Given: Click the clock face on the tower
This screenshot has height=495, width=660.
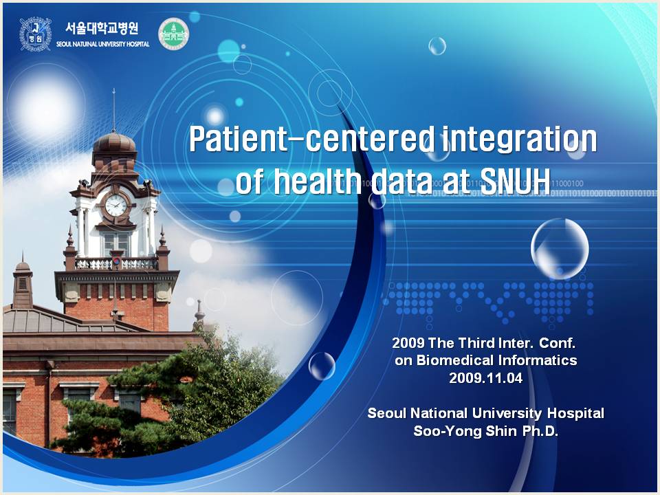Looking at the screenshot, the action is (115, 206).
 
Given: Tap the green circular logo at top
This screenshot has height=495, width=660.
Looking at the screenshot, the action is (173, 34).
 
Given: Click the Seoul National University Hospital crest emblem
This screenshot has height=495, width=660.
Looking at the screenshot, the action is (35, 34).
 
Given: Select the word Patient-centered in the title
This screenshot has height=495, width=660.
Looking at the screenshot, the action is (311, 139).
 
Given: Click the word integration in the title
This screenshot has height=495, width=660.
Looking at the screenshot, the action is (519, 140).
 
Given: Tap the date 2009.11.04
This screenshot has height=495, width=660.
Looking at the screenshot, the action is (486, 378).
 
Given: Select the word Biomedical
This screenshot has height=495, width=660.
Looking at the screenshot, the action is (455, 360).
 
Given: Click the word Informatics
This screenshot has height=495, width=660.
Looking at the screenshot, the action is (538, 360).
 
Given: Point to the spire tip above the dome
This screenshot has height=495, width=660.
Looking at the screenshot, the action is (113, 89).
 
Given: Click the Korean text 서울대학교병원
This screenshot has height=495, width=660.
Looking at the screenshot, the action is (102, 28).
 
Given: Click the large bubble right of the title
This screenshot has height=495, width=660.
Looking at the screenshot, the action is (560, 249).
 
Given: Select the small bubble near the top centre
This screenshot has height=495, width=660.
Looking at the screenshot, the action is (437, 46).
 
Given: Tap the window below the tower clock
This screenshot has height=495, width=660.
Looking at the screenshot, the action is (115, 244).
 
